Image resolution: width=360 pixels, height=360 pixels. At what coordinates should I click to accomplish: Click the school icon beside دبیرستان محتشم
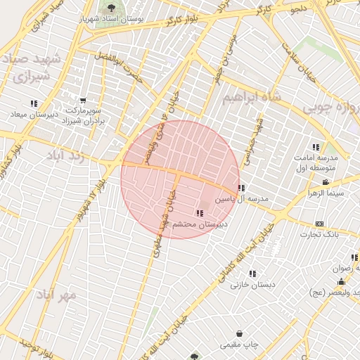[x=200, y=213]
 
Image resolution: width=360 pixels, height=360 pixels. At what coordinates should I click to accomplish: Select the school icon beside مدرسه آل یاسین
[x=242, y=188]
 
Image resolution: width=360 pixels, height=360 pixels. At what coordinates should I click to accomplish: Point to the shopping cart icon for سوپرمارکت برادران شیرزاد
[x=83, y=101]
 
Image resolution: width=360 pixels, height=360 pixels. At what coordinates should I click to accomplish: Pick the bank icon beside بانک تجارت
[x=320, y=223]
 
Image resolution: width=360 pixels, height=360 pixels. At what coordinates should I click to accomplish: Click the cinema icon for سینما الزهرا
[x=326, y=181]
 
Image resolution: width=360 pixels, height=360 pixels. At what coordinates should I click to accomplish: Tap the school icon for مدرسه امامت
[x=316, y=147]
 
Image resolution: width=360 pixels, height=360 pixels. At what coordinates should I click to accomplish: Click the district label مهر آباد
[x=58, y=295]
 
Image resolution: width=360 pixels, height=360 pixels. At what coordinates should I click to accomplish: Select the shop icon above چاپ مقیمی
[x=240, y=333]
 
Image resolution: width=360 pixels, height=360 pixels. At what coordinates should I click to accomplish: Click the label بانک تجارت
[x=320, y=234]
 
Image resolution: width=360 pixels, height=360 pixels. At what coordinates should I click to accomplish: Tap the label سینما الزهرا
[x=326, y=193]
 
